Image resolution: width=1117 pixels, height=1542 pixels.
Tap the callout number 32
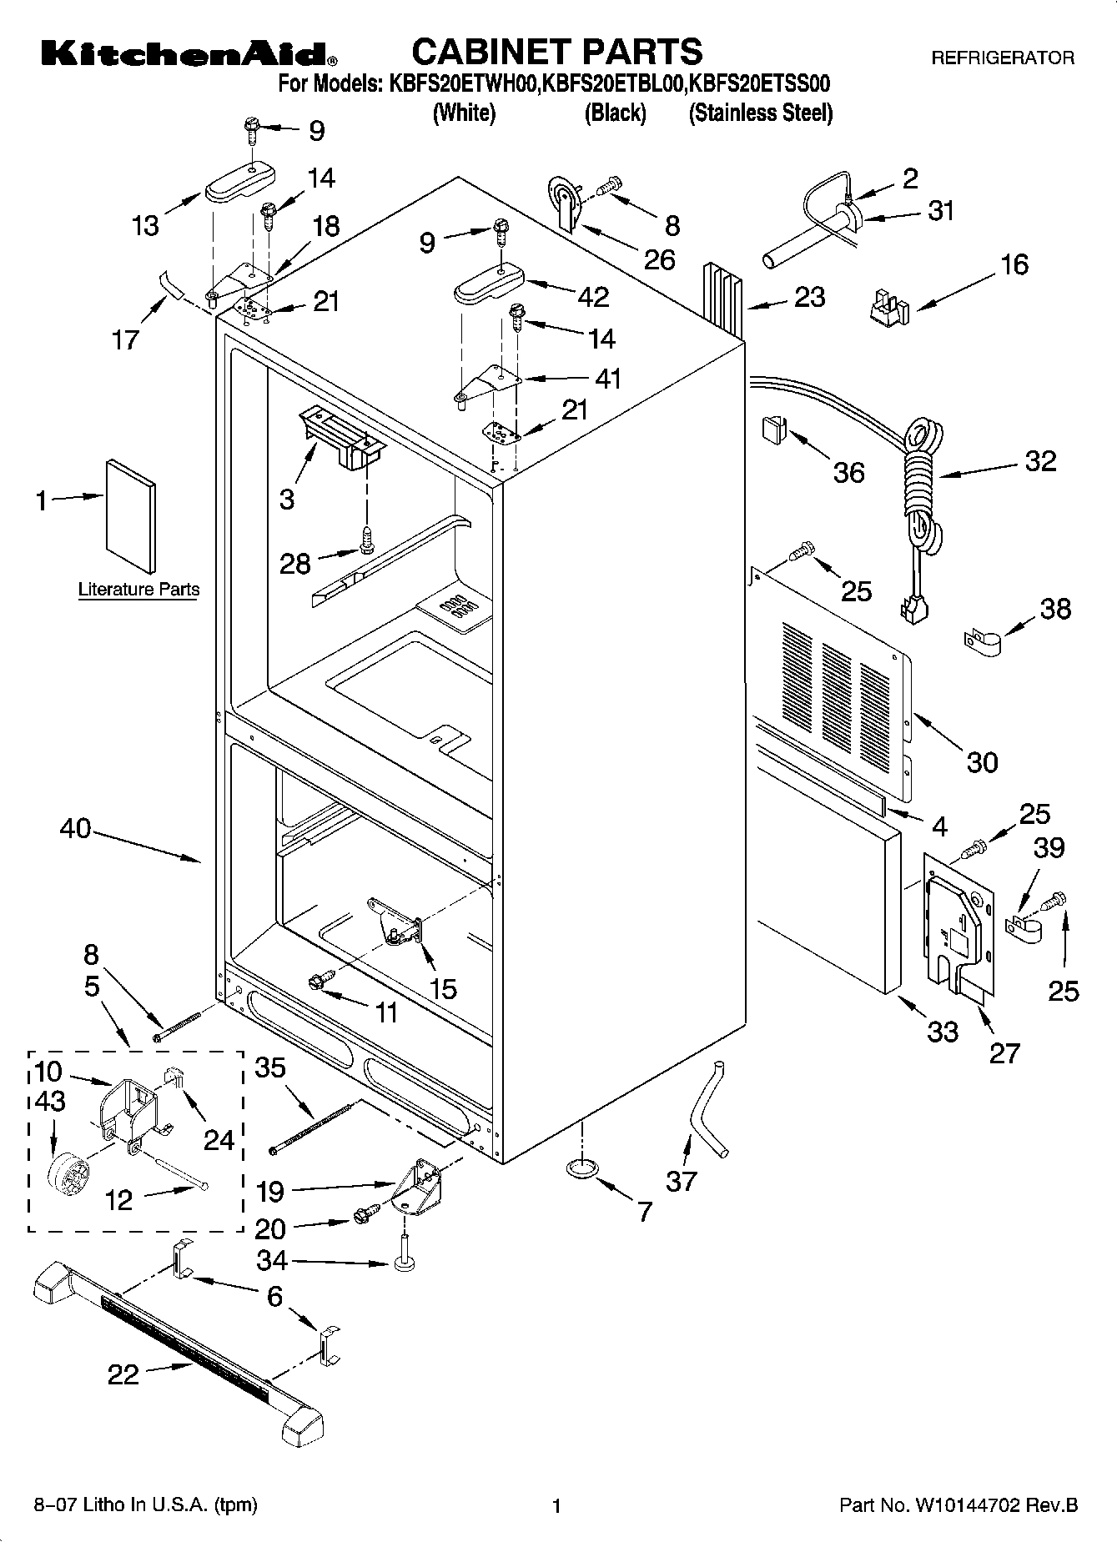(1039, 461)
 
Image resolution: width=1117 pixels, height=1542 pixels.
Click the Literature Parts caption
(138, 590)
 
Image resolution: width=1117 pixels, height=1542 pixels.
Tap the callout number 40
(75, 829)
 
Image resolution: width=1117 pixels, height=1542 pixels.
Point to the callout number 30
(982, 761)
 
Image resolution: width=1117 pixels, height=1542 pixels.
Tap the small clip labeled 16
(885, 305)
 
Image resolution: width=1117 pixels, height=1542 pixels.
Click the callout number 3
(286, 499)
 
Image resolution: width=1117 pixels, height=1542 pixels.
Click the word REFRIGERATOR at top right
(1002, 58)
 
